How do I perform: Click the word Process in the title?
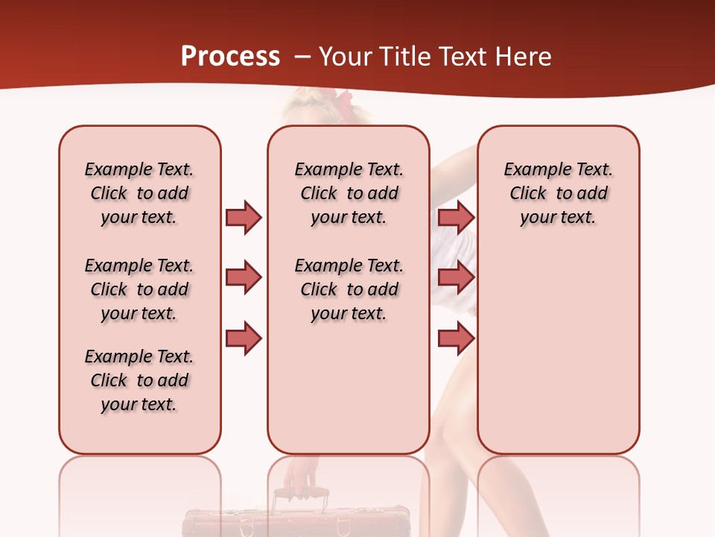(230, 57)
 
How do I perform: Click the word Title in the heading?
(404, 57)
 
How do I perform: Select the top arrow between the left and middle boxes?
(244, 217)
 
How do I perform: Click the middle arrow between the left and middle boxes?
(244, 277)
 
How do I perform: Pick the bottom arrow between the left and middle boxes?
(244, 339)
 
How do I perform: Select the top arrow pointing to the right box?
(456, 217)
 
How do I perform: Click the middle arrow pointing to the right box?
(456, 277)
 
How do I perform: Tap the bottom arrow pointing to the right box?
(456, 339)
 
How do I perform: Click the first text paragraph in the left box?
(139, 193)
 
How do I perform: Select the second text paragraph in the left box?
(139, 289)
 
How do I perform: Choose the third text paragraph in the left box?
(139, 380)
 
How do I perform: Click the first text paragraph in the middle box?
(349, 193)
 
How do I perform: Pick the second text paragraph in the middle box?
(349, 289)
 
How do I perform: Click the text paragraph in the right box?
(559, 193)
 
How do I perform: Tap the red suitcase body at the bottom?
(298, 524)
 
